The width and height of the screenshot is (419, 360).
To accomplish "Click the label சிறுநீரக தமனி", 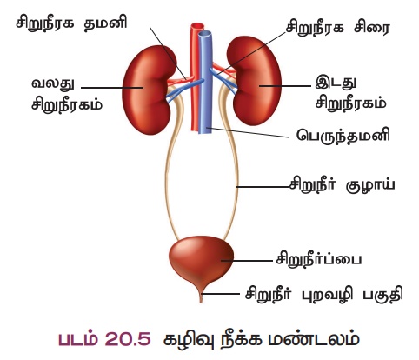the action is (71, 23).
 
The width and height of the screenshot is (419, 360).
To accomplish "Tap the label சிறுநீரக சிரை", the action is (338, 28).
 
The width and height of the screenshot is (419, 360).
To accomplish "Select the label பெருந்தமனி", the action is (343, 135).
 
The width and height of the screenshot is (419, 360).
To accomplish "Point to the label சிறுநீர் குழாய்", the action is (342, 185).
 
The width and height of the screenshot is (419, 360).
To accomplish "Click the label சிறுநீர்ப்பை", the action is (318, 259).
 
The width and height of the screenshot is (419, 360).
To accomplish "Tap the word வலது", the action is (52, 84).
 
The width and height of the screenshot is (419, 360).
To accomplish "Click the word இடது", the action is (336, 83).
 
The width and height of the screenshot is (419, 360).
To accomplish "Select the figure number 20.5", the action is (128, 338).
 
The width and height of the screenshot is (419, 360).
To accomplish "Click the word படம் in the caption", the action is (77, 338).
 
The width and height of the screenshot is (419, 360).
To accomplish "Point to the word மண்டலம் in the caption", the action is (314, 339).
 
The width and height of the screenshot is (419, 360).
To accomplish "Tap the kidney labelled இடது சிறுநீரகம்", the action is (254, 81).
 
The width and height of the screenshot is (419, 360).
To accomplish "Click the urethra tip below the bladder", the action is (201, 302).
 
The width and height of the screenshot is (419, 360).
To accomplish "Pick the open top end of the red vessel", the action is (197, 26).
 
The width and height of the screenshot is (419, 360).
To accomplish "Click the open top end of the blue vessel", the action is (205, 34).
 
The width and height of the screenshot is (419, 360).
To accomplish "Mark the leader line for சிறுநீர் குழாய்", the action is (263, 187).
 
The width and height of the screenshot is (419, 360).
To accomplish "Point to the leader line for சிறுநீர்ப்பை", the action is (247, 261).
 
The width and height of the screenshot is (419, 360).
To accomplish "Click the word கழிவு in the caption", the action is (189, 340).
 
